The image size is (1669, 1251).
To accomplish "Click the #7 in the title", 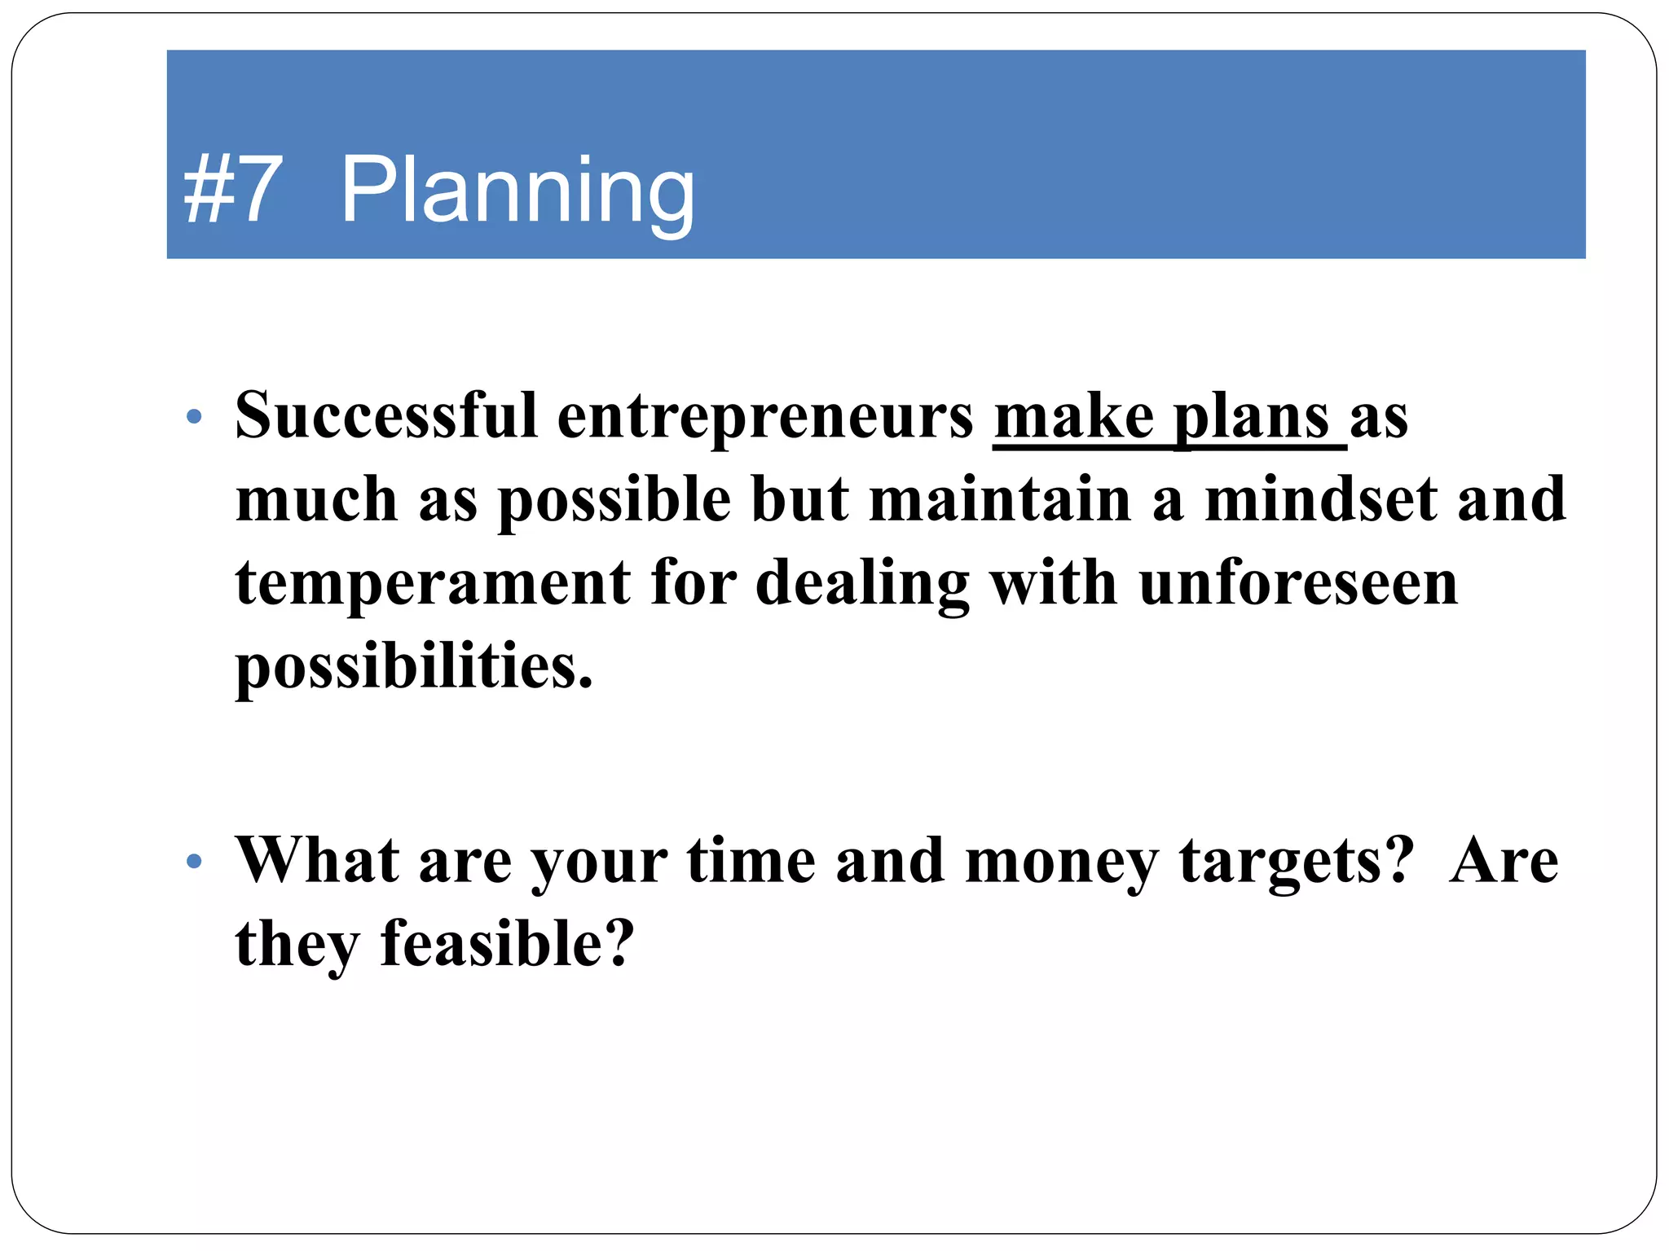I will [233, 191].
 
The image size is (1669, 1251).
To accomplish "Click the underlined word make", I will [1073, 417].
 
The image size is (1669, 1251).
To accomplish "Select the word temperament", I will [433, 584].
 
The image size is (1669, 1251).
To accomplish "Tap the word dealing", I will [862, 584].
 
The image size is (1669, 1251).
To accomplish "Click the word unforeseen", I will [1298, 584].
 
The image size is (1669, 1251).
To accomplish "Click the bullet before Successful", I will [193, 417].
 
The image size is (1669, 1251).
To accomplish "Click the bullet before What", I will [193, 861].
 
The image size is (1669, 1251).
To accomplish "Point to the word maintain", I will [1001, 499].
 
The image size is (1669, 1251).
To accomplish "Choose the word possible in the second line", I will [614, 501].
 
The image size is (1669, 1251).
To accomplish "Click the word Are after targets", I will [1504, 861].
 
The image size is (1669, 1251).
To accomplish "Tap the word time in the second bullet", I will [751, 861].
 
